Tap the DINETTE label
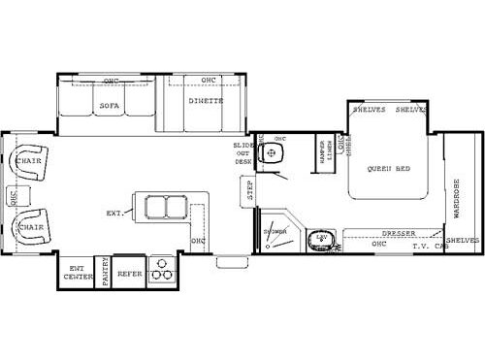(206, 101)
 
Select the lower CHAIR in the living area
(30, 226)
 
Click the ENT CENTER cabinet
(77, 273)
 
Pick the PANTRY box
(104, 275)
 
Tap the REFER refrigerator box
(129, 274)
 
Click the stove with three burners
(162, 272)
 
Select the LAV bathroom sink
(319, 238)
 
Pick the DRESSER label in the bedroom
(398, 233)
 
